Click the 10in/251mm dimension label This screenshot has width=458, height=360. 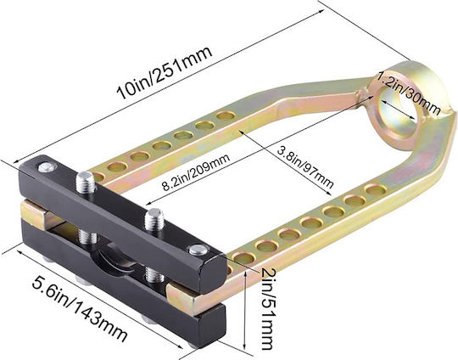click(x=165, y=72)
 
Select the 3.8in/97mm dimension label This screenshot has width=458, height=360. click(x=304, y=167)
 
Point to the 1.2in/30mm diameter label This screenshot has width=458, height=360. click(x=408, y=94)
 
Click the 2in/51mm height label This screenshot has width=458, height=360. click(x=268, y=308)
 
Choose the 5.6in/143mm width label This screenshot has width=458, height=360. click(x=80, y=309)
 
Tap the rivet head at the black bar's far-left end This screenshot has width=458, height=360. click(x=47, y=167)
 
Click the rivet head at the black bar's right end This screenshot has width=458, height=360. click(x=198, y=250)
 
